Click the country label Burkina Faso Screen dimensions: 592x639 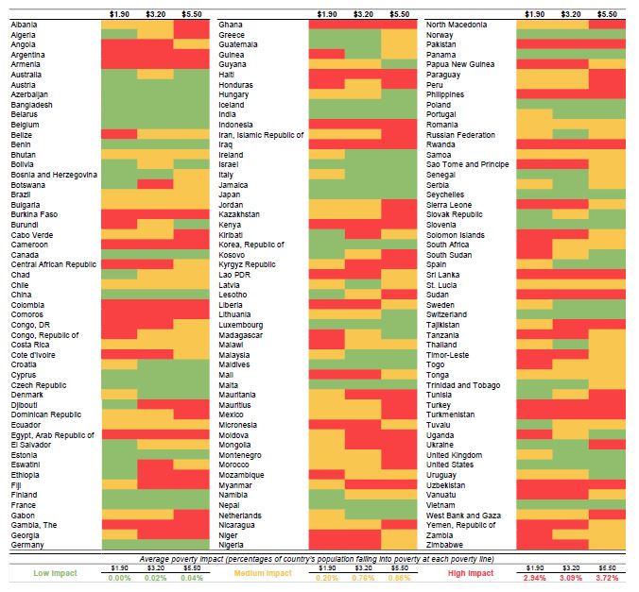click(34, 214)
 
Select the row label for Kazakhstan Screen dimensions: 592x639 click(240, 214)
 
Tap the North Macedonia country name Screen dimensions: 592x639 click(458, 24)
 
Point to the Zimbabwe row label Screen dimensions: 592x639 click(445, 545)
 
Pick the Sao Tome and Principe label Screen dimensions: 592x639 click(468, 164)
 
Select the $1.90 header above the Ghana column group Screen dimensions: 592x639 click(327, 14)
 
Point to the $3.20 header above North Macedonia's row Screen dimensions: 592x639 click(571, 14)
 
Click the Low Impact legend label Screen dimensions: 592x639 click(56, 573)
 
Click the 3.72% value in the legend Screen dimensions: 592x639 click(608, 577)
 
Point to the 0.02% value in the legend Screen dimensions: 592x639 click(155, 577)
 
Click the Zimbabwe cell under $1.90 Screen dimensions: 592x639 click(535, 545)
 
